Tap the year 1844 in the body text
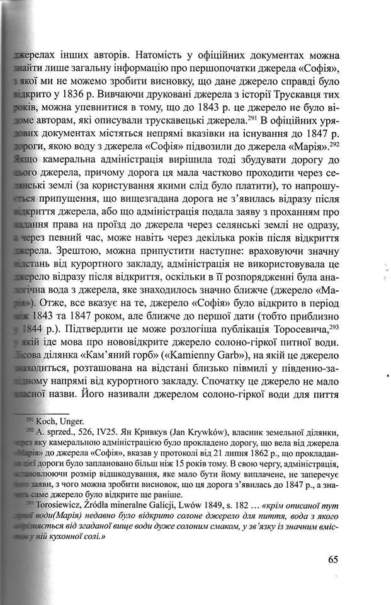point(36,329)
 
